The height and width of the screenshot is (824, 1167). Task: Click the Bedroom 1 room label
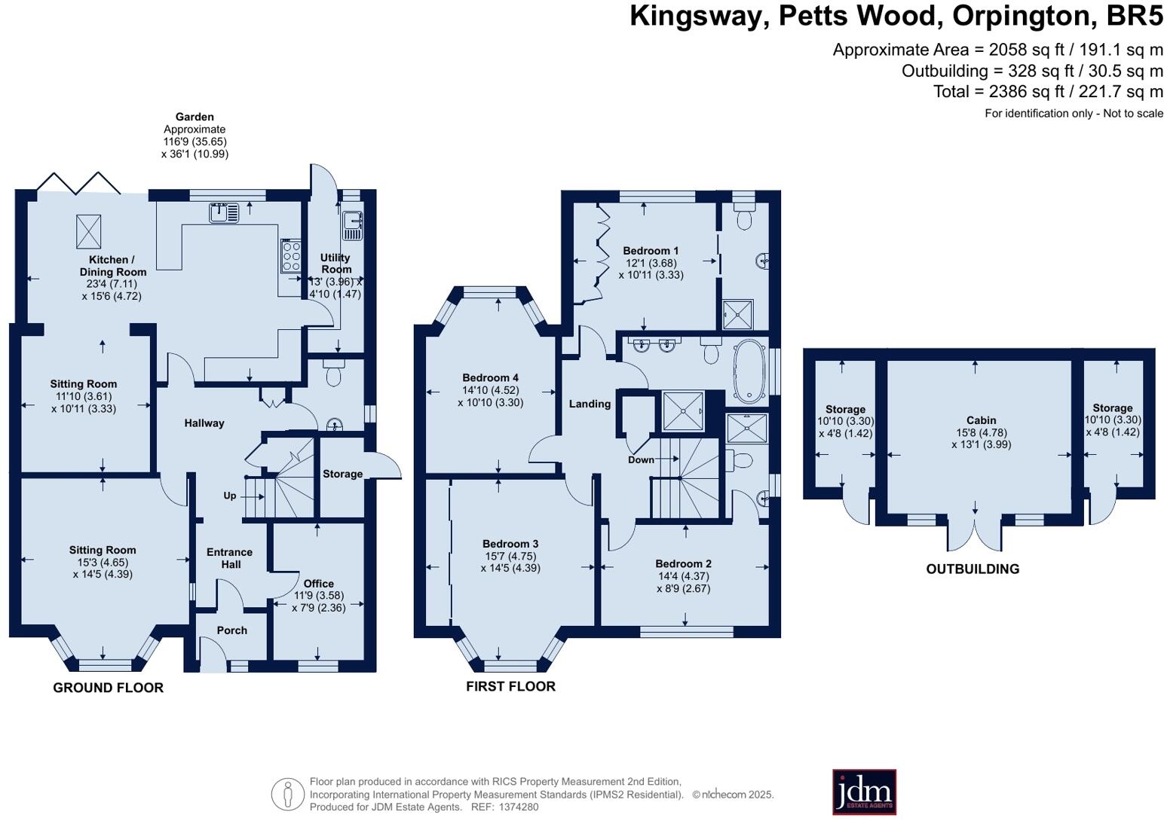tap(651, 251)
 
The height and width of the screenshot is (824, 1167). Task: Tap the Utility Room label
tap(335, 263)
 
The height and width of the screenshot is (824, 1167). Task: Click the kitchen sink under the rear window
tap(224, 212)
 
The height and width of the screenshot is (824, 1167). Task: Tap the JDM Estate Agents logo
tap(864, 792)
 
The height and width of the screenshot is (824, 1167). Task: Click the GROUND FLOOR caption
tap(108, 688)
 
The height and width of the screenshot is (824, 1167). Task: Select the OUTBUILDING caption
tap(972, 569)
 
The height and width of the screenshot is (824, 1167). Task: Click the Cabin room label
tap(981, 420)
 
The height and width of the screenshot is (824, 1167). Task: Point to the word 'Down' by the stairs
tap(641, 459)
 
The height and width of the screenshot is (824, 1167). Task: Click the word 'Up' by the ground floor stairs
tap(230, 496)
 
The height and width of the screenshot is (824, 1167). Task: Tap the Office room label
tap(318, 584)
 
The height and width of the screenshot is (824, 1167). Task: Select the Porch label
tap(231, 630)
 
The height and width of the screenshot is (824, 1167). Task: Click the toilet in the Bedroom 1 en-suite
tap(744, 219)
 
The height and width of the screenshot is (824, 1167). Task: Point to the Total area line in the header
tap(1048, 92)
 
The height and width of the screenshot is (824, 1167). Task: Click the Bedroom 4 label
tap(490, 378)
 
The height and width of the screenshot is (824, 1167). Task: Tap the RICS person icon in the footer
tap(287, 794)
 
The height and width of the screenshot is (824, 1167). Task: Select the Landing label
tap(590, 404)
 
